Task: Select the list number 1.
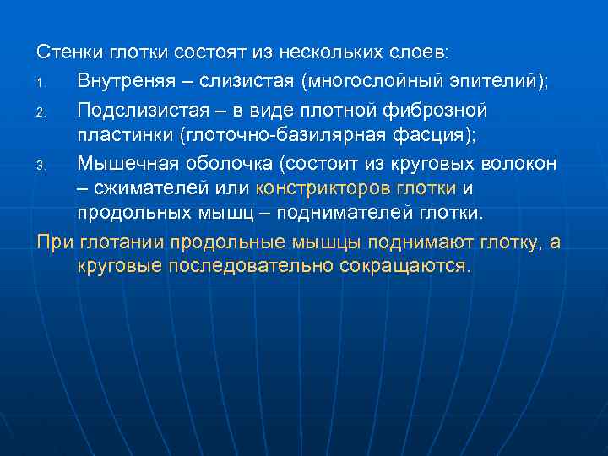click(41, 84)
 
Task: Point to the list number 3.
click(41, 166)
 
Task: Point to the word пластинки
click(122, 136)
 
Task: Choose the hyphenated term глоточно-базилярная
click(304, 136)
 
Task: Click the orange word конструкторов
click(325, 187)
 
